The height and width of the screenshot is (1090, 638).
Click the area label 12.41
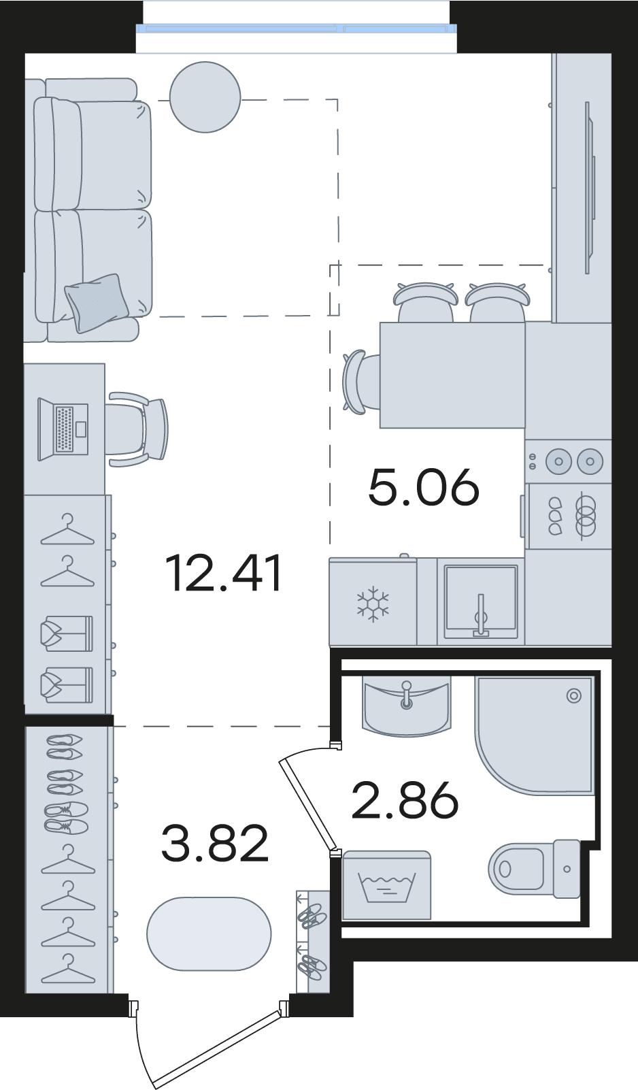224,574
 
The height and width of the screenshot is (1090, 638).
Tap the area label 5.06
424,487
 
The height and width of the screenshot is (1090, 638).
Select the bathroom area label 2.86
405,799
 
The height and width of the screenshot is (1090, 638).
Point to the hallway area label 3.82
214,843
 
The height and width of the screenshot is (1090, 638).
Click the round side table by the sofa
205,97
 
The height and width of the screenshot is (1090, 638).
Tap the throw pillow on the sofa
97,303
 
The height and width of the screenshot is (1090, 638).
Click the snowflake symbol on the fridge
373,604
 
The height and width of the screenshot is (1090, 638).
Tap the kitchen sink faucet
481,614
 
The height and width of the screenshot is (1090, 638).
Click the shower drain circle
574,696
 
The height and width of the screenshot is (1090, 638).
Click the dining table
453,375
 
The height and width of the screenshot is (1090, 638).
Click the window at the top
297,28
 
